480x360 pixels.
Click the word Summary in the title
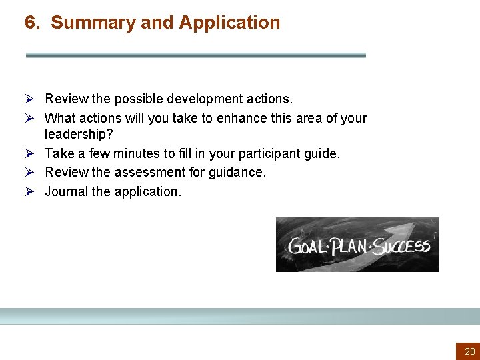93,23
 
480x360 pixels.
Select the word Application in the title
229,23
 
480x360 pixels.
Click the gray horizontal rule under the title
195,55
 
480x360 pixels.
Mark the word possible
137,99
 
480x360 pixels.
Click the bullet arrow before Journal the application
31,191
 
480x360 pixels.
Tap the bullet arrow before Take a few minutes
31,153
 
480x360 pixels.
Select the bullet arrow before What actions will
31,118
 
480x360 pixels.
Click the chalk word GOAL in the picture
307,246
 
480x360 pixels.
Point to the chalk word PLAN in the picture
349,246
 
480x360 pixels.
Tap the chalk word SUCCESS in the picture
401,246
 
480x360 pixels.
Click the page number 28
470,351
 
